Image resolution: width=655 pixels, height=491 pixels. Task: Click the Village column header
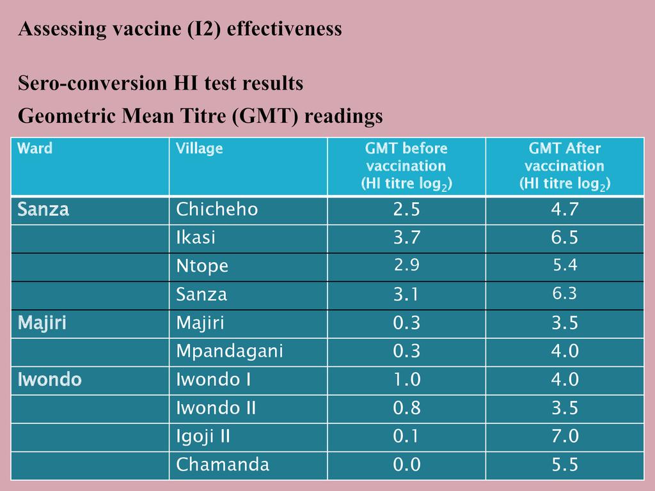coord(200,149)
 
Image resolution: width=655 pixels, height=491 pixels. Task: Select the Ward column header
coord(35,149)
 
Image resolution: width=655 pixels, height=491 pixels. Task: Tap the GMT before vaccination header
coord(406,166)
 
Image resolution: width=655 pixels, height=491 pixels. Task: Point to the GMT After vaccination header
coord(564,166)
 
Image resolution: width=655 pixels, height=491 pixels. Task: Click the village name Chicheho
coord(217,210)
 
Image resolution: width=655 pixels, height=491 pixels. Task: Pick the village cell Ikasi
coord(196,238)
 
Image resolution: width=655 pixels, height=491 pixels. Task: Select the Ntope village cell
coord(202,267)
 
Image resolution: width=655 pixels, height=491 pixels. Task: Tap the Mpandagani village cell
coord(230,351)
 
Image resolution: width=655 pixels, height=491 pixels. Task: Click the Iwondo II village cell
coord(216,408)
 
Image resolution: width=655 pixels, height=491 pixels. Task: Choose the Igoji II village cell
coord(203,437)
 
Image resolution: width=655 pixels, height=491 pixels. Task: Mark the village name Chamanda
coord(223,465)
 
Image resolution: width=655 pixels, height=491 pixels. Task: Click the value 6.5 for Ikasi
coord(565,238)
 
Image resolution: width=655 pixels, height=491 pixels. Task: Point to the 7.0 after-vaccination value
coord(565,437)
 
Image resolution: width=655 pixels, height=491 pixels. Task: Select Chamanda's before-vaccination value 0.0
coord(407,465)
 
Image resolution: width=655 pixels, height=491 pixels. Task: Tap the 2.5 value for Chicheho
coord(407,210)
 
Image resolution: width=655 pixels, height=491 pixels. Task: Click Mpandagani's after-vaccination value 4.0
coord(565,351)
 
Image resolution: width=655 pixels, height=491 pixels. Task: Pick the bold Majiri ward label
coord(42,323)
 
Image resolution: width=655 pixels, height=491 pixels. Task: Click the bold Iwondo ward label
coord(50,380)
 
